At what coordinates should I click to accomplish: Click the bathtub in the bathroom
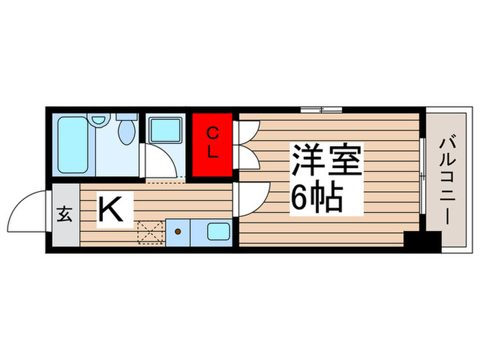point(73,145)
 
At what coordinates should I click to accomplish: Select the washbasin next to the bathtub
point(100,120)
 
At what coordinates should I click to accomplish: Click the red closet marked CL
point(213,143)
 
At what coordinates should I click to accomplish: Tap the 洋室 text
point(326,162)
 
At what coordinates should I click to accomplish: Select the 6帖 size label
point(317,198)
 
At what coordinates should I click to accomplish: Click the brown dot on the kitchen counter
point(178,232)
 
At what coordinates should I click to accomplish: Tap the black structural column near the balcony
point(422,241)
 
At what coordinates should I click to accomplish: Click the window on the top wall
point(322,109)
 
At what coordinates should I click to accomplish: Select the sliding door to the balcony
point(422,180)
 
